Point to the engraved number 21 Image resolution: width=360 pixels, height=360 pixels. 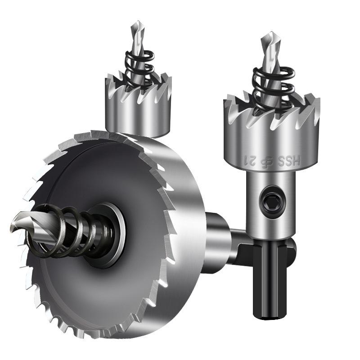tap(251, 159)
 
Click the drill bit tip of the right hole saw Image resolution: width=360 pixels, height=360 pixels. tap(266, 36)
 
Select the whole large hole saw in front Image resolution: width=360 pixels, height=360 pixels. tap(112, 234)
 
